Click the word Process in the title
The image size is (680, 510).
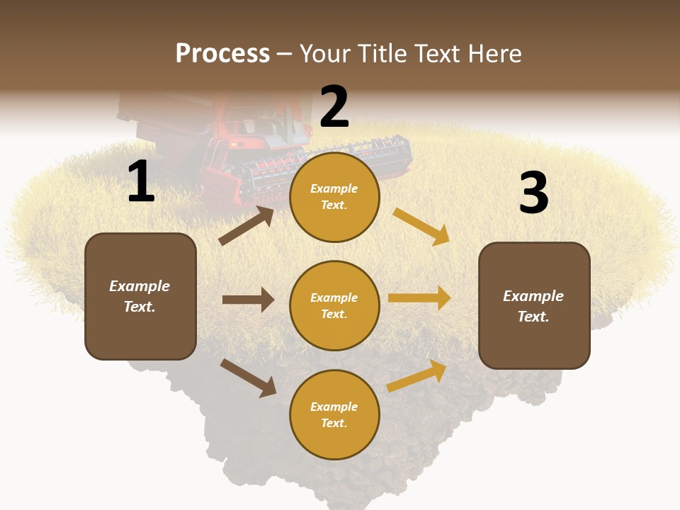[x=222, y=54]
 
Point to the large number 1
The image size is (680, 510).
[x=141, y=182]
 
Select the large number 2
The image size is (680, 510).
[x=334, y=107]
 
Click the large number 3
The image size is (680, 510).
[x=533, y=193]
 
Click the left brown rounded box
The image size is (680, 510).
[x=140, y=296]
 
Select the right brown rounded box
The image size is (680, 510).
[x=534, y=305]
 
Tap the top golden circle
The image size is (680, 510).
[x=334, y=197]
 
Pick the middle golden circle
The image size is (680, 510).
[x=334, y=305]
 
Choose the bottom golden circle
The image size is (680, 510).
[x=334, y=414]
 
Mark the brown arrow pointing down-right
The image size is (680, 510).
[x=249, y=377]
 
